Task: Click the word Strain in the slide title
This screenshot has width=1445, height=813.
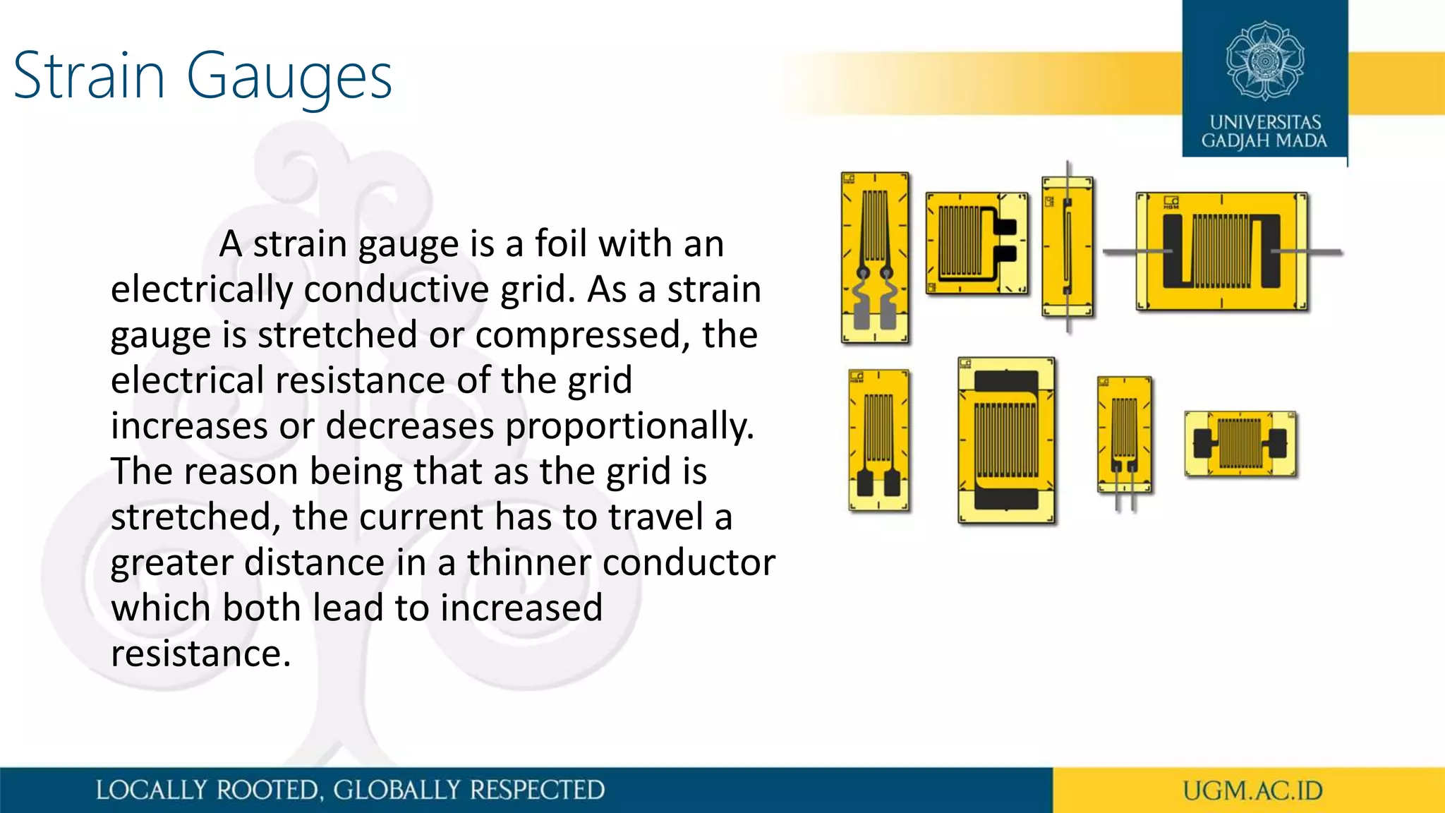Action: pyautogui.click(x=89, y=76)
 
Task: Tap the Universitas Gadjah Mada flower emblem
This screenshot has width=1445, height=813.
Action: pyautogui.click(x=1264, y=61)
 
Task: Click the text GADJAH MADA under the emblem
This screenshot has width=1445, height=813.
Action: pyautogui.click(x=1264, y=140)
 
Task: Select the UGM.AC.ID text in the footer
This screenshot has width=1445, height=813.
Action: pyautogui.click(x=1252, y=790)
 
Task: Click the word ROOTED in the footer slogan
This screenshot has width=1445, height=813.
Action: pyautogui.click(x=268, y=790)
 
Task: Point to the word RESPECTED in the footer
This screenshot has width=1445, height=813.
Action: pyautogui.click(x=537, y=790)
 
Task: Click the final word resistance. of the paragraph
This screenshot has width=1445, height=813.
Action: pyautogui.click(x=201, y=654)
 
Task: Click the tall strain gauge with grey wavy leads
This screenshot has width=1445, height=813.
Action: pyautogui.click(x=875, y=258)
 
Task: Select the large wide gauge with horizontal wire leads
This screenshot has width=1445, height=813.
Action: pyautogui.click(x=1221, y=252)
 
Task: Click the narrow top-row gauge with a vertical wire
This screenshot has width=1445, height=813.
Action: pyautogui.click(x=1068, y=247)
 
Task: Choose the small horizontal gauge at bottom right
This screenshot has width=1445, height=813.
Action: pyautogui.click(x=1240, y=444)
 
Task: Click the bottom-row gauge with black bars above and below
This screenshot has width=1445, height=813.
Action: pyautogui.click(x=1006, y=441)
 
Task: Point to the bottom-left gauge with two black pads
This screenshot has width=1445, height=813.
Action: pyautogui.click(x=878, y=440)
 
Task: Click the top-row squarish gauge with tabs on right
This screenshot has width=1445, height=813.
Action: pyautogui.click(x=977, y=243)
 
